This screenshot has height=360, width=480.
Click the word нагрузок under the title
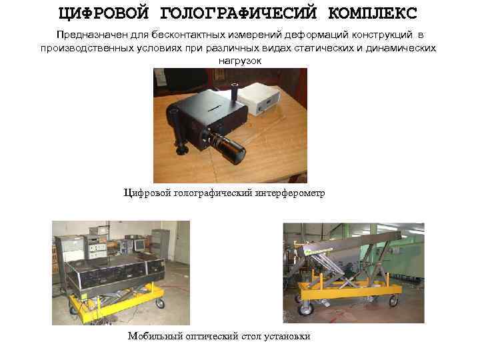(239, 60)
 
